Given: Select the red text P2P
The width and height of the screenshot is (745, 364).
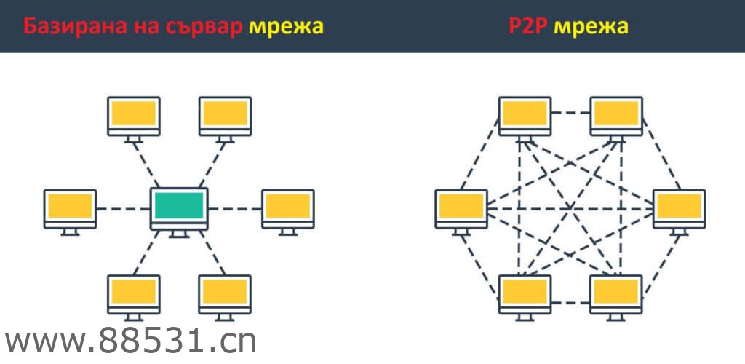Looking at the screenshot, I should pyautogui.click(x=528, y=28).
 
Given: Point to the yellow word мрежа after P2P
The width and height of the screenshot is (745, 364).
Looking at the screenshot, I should pyautogui.click(x=591, y=28).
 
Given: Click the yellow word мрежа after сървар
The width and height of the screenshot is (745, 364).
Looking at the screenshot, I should pyautogui.click(x=286, y=28).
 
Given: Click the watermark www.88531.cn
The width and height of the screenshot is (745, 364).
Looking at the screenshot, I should pyautogui.click(x=131, y=341).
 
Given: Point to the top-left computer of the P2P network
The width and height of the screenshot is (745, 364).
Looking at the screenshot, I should pyautogui.click(x=525, y=115).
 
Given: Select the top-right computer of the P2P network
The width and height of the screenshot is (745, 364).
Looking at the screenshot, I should pyautogui.click(x=616, y=115).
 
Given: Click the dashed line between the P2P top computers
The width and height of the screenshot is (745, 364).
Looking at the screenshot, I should pyautogui.click(x=570, y=113).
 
